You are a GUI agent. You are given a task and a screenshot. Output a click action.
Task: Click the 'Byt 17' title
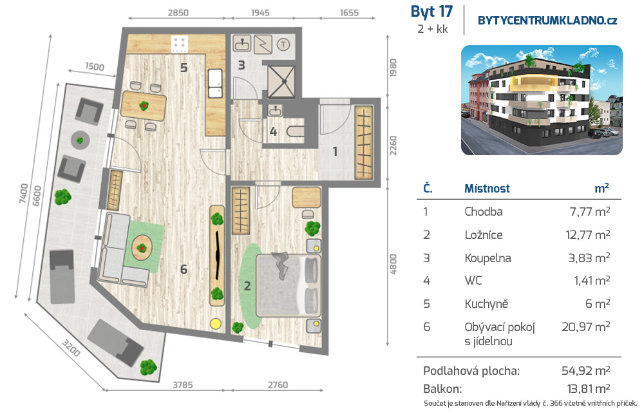(x=431, y=12)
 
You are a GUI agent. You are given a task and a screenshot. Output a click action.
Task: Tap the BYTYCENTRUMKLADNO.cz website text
(x=547, y=21)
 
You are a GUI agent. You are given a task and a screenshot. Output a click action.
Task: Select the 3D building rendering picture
(x=542, y=100)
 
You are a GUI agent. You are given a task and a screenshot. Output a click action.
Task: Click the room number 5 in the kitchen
(x=184, y=68)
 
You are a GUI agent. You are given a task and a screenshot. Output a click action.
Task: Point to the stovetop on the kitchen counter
(x=180, y=44)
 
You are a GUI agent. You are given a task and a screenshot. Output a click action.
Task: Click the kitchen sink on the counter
(x=215, y=83)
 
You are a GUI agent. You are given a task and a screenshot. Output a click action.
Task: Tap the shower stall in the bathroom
(x=281, y=82)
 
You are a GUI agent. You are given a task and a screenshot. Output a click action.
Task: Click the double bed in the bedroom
(x=288, y=285)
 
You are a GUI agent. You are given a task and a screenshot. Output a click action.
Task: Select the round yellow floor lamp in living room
(x=215, y=324)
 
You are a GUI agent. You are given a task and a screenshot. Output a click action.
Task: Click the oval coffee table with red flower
(x=142, y=248)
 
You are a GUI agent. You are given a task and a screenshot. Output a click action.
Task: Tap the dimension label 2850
(x=178, y=13)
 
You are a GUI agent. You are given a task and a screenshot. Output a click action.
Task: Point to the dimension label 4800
(x=393, y=265)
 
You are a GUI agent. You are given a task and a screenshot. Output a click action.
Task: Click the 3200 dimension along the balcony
(x=71, y=348)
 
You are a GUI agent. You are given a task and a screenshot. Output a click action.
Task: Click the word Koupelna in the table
(x=488, y=258)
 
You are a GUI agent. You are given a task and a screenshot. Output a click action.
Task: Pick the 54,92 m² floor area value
(x=585, y=371)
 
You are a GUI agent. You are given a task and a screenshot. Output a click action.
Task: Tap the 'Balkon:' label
(x=442, y=389)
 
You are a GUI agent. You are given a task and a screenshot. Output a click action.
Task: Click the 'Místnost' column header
(x=487, y=189)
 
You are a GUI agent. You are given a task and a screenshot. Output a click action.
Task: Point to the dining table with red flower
(x=144, y=106)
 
